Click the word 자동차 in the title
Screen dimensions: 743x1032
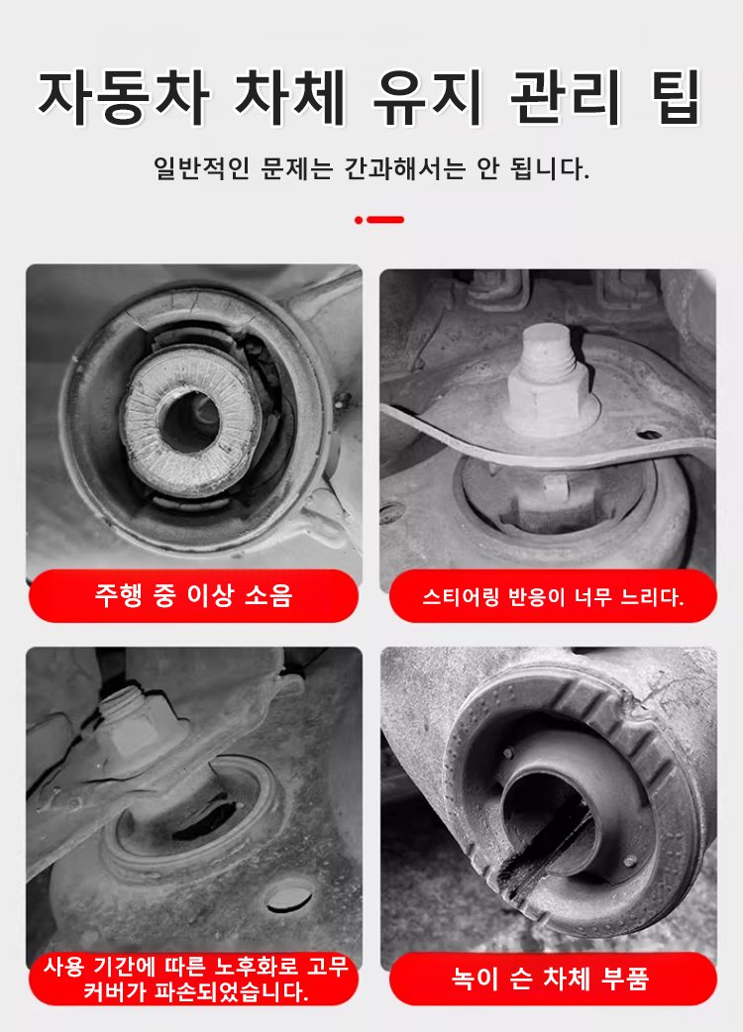click(x=124, y=97)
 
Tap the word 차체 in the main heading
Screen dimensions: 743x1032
click(x=290, y=97)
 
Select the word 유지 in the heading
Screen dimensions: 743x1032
click(x=428, y=97)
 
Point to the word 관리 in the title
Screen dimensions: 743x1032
click(x=566, y=97)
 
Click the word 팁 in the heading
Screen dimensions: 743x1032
click(x=676, y=97)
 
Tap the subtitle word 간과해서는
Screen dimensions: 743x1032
click(x=405, y=169)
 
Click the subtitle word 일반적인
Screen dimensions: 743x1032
click(x=201, y=169)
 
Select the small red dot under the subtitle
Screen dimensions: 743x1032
click(x=359, y=220)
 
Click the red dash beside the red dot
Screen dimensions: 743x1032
click(x=385, y=220)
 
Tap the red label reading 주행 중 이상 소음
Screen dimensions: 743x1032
click(x=193, y=595)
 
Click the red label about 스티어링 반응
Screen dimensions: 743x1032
click(x=553, y=596)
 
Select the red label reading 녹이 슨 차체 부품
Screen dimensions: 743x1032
click(x=553, y=979)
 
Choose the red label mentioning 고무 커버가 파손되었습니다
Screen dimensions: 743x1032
click(x=193, y=979)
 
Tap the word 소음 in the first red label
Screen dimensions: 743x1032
click(x=268, y=595)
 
